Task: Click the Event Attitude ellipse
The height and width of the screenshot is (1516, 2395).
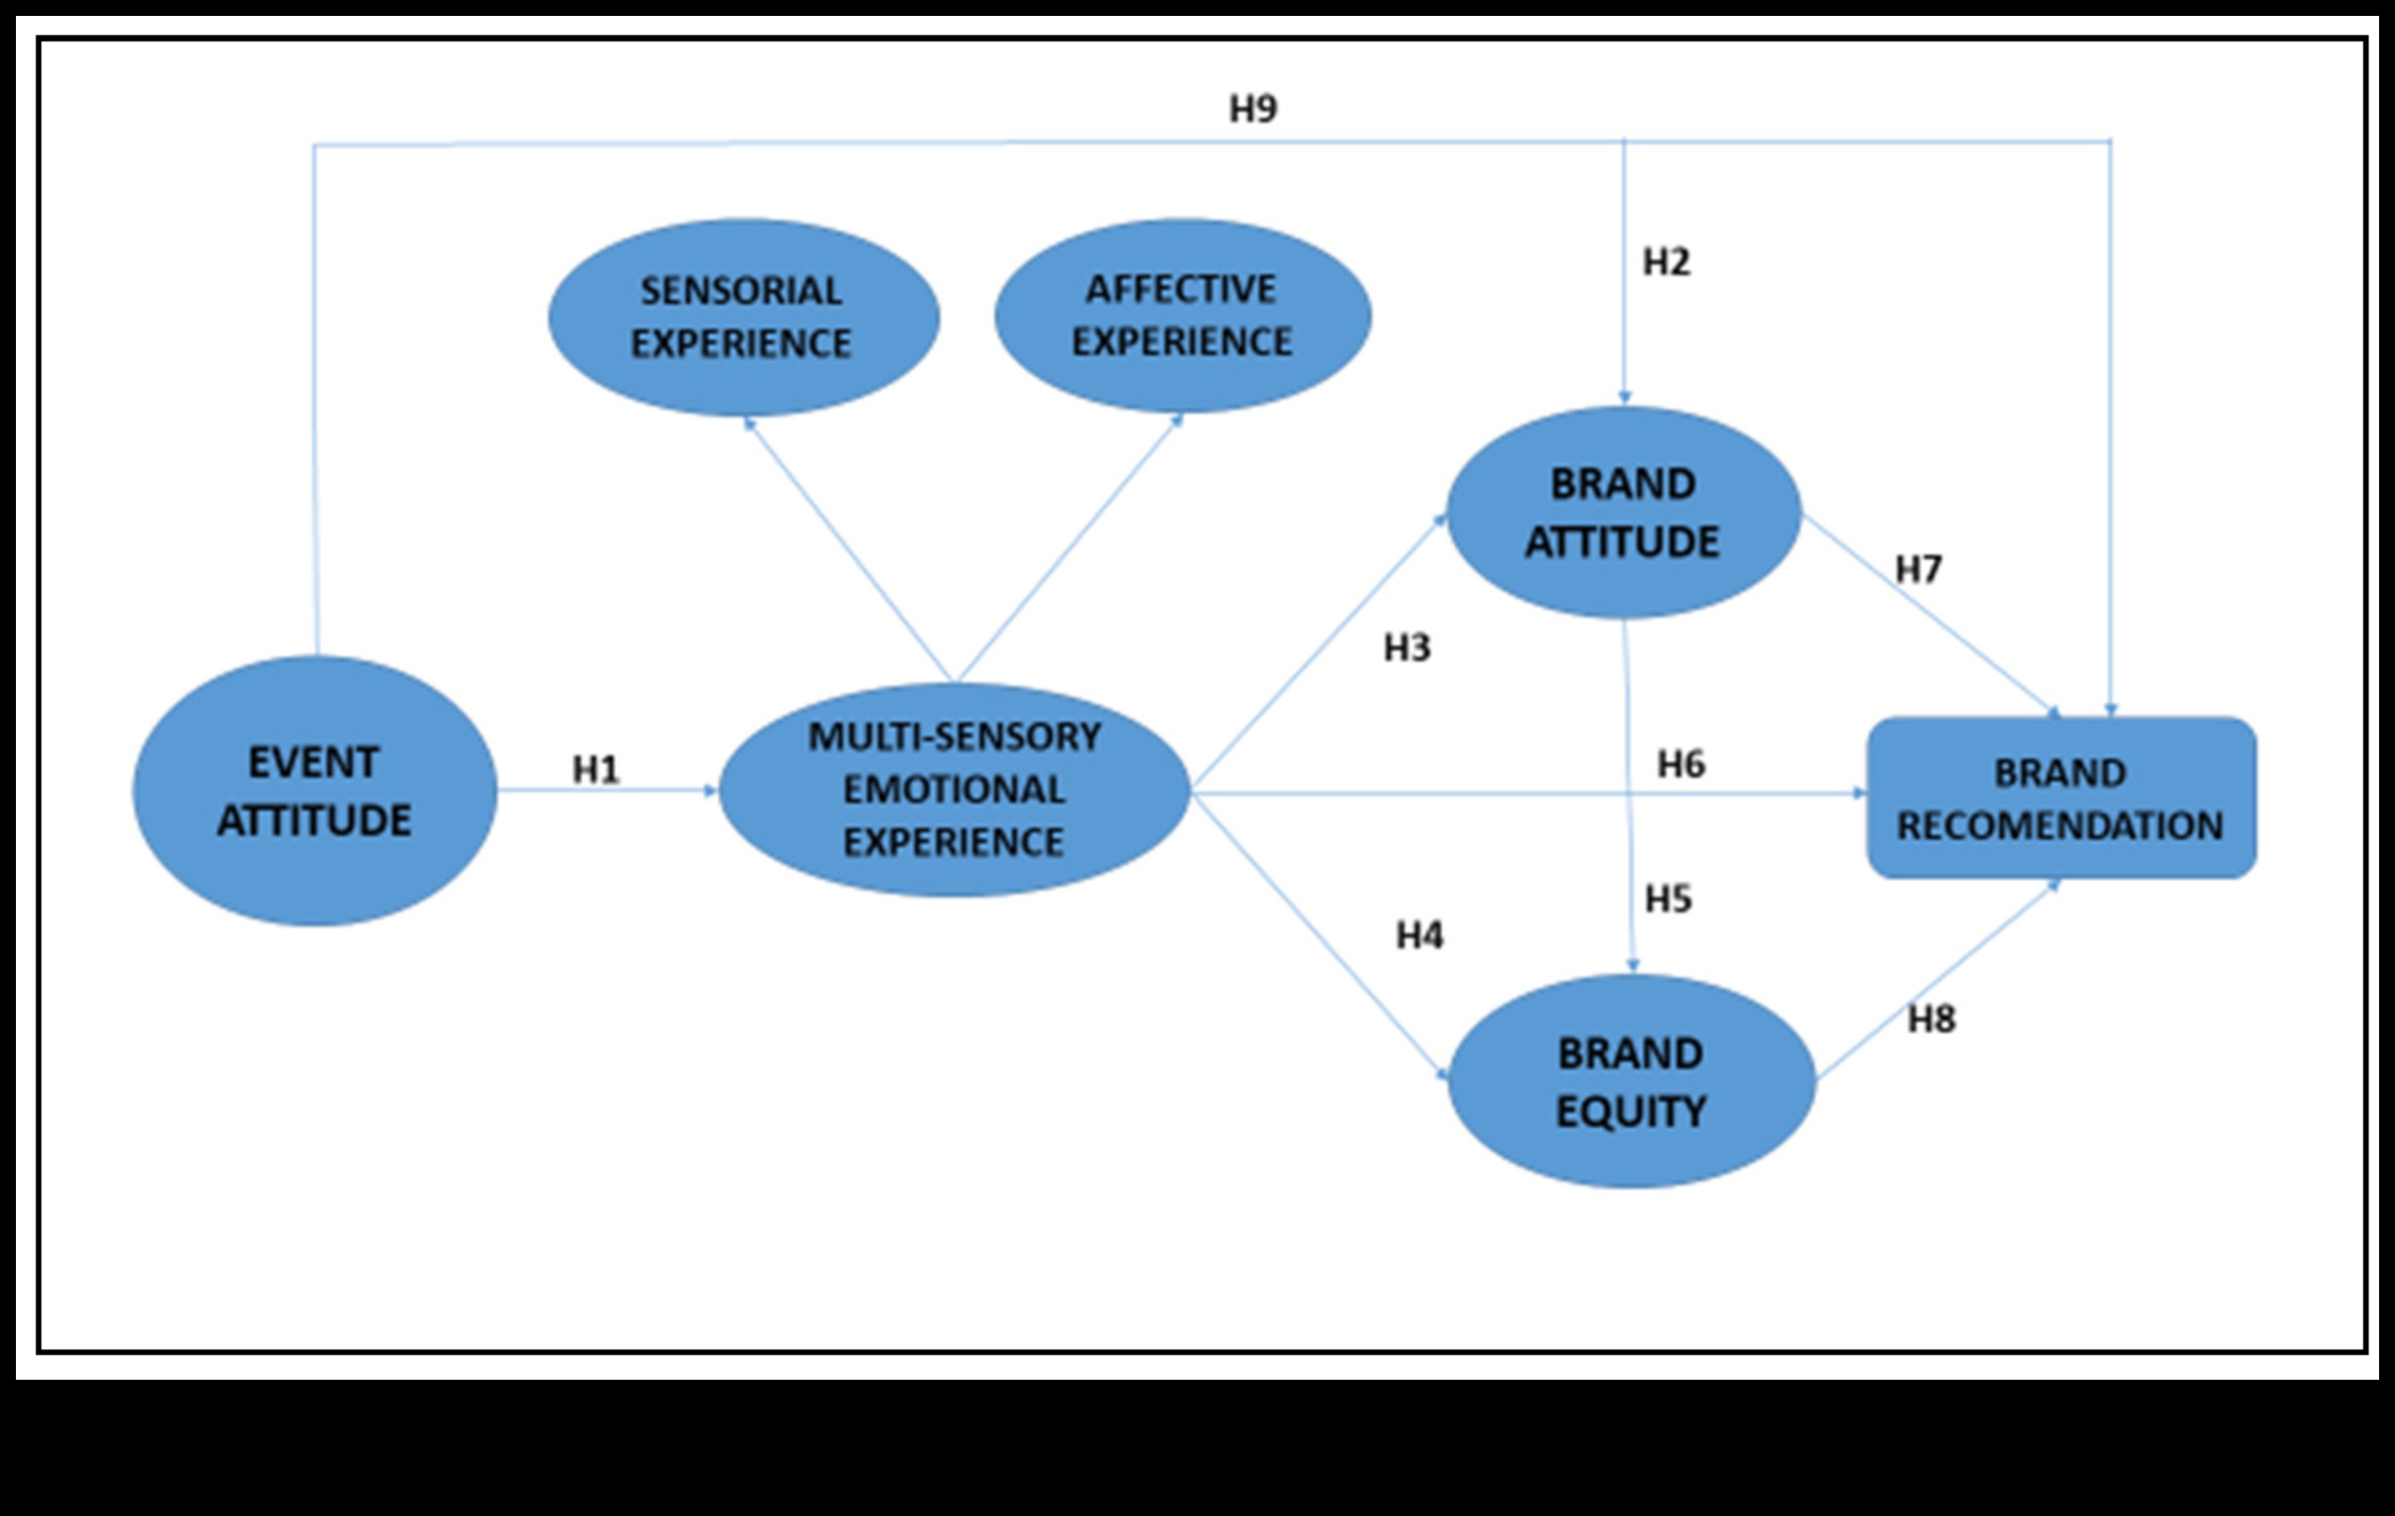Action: tap(315, 791)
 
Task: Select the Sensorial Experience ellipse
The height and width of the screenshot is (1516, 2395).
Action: tap(743, 317)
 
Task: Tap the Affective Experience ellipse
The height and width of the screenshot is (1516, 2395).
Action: tap(1182, 315)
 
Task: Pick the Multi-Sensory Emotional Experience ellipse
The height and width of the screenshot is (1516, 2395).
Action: tap(954, 789)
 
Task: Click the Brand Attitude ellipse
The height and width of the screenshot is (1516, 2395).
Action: tap(1623, 512)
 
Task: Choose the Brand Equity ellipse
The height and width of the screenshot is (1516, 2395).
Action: tap(1631, 1081)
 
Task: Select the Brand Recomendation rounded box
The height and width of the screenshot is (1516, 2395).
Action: tap(2060, 797)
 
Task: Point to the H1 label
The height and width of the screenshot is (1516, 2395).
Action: tap(596, 769)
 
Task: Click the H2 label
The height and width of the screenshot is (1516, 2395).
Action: tap(1666, 261)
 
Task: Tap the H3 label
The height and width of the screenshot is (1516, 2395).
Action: tap(1407, 648)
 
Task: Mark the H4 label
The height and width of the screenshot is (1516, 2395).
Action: tap(1419, 935)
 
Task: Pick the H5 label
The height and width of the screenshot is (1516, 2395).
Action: tap(1668, 899)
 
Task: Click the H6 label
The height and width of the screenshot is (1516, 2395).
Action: tap(1681, 764)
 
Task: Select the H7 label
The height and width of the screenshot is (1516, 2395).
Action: tap(1919, 569)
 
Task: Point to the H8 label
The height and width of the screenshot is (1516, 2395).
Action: tap(1931, 1019)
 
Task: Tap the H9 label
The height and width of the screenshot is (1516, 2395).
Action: tap(1253, 108)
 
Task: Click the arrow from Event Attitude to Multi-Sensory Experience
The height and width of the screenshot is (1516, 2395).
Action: tap(607, 791)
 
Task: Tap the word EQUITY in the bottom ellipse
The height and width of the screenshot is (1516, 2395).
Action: tap(1631, 1111)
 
